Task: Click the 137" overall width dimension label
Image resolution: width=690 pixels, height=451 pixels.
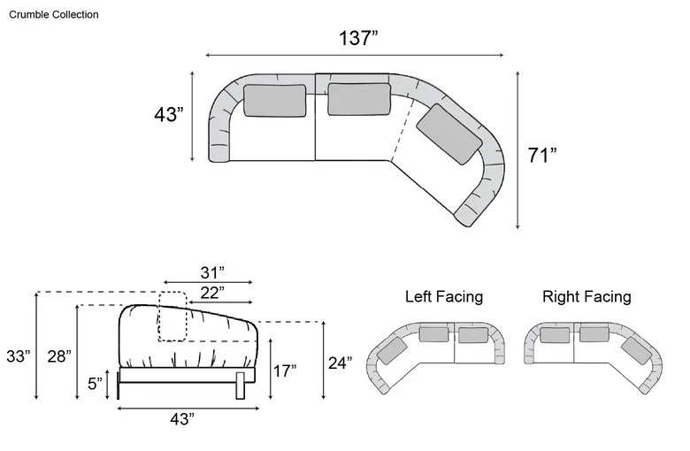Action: (x=358, y=38)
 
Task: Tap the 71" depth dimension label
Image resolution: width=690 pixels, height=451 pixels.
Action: (x=542, y=156)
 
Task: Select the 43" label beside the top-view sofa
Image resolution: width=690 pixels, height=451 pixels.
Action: (x=169, y=114)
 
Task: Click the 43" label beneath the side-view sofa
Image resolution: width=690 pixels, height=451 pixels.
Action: (x=182, y=419)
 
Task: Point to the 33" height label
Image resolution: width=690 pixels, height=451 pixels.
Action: (x=19, y=356)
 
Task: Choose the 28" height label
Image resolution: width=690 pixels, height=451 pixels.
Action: (x=59, y=356)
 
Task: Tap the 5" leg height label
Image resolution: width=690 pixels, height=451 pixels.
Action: (x=95, y=383)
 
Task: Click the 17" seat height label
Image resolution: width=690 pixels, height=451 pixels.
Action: (x=285, y=371)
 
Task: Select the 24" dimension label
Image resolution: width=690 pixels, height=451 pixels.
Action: (x=341, y=363)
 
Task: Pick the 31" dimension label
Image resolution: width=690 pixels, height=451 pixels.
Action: (x=212, y=272)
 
